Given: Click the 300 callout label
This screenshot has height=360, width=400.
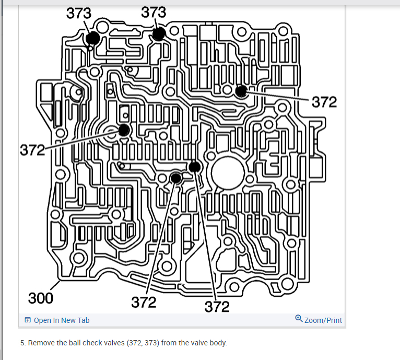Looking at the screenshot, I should point(41,298).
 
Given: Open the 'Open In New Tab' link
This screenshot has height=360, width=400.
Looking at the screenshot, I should point(61,320).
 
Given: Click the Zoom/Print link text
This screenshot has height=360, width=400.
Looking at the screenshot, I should point(323,320).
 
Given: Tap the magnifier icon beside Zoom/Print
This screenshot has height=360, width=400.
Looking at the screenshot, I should point(299,319).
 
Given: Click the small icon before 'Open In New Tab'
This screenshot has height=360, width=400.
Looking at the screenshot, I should point(28,320).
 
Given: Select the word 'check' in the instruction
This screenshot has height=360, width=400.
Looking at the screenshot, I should point(90,343).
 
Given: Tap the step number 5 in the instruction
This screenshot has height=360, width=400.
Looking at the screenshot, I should point(22,343).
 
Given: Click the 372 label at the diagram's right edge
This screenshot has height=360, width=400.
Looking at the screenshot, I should point(324,102).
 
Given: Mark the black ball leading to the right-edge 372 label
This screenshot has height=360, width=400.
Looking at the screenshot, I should point(241,91).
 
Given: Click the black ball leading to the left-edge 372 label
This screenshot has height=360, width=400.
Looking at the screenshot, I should point(124,130).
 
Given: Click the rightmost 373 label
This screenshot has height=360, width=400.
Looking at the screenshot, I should point(154,12).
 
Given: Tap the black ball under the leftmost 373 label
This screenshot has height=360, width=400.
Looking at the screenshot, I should point(93,38).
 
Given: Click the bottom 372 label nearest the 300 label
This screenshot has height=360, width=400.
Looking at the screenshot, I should point(144,302).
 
